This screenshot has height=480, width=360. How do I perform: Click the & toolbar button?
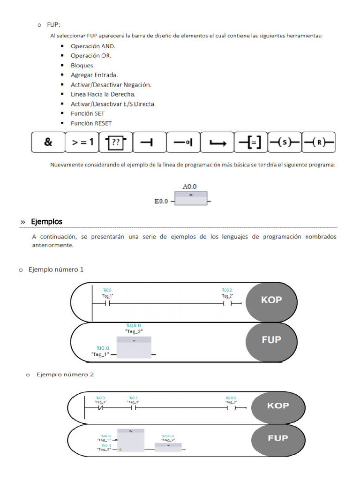coord(48,142)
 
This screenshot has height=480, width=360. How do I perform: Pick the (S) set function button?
coord(284,142)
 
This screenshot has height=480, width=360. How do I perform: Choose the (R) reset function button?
coord(318,142)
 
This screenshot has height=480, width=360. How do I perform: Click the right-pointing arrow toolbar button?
coord(217,142)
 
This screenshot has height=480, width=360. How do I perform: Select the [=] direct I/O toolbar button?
coord(250,142)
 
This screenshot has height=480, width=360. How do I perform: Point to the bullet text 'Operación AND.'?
coord(93,46)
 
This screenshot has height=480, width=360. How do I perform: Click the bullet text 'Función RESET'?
coord(91,123)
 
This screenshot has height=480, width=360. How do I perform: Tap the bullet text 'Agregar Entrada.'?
coord(94,75)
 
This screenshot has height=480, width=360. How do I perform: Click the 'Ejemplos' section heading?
coord(46,221)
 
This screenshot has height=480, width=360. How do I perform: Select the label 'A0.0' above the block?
coord(189,186)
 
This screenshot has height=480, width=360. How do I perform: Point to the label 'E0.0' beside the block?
coord(162,202)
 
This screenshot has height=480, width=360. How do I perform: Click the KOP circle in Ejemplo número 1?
coord(272,300)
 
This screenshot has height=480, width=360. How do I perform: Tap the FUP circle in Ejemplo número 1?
coord(271,340)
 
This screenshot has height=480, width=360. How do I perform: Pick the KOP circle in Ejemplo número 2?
coord(277,406)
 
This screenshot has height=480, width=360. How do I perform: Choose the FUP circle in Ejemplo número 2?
coord(277,438)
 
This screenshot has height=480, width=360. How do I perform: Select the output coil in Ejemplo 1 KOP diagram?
coord(227,303)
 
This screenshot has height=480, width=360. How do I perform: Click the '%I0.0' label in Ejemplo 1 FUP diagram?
coord(103,348)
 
